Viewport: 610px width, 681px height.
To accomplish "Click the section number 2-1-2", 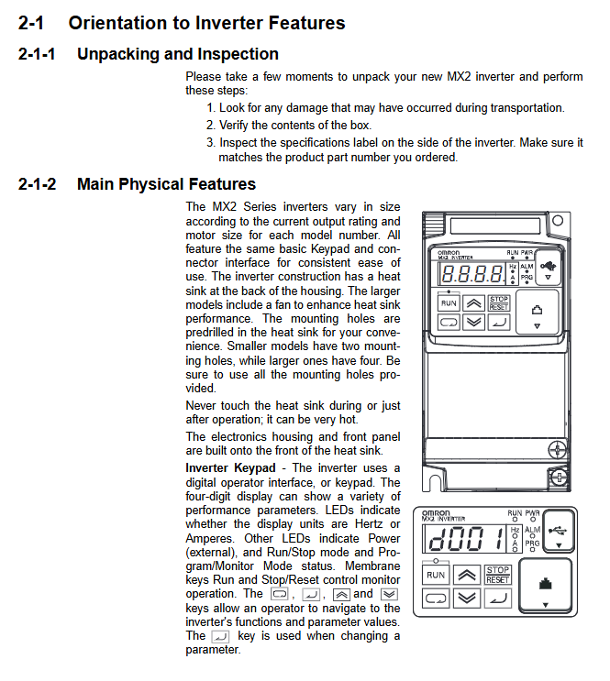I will [37, 184].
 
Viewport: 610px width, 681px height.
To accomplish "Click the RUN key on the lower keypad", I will [436, 576].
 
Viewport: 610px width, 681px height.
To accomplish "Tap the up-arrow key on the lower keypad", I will [467, 576].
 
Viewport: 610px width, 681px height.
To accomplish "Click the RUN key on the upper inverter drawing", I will [449, 302].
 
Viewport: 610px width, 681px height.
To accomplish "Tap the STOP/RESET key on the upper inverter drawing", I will [498, 302].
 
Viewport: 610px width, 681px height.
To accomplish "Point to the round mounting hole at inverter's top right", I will [557, 220].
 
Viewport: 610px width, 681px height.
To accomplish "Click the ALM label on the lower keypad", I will [532, 531].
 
